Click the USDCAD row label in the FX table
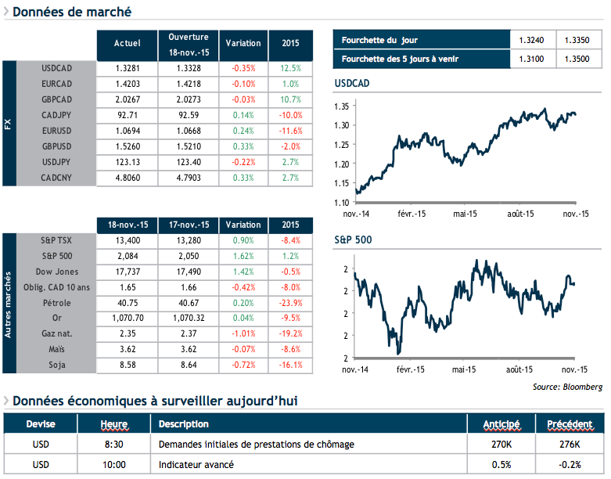click(x=56, y=68)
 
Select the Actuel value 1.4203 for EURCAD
click(x=127, y=84)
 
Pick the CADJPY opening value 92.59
click(x=189, y=115)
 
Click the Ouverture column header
click(x=189, y=44)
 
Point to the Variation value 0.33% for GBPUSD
click(x=243, y=146)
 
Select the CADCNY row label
click(x=56, y=178)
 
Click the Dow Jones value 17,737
click(x=127, y=272)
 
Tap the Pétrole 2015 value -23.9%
click(x=289, y=303)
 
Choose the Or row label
click(x=56, y=319)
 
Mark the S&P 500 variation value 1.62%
click(x=243, y=256)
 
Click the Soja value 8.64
click(x=189, y=366)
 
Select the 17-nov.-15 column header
click(x=189, y=225)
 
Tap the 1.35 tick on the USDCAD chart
click(x=341, y=106)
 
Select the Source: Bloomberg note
click(x=567, y=387)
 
